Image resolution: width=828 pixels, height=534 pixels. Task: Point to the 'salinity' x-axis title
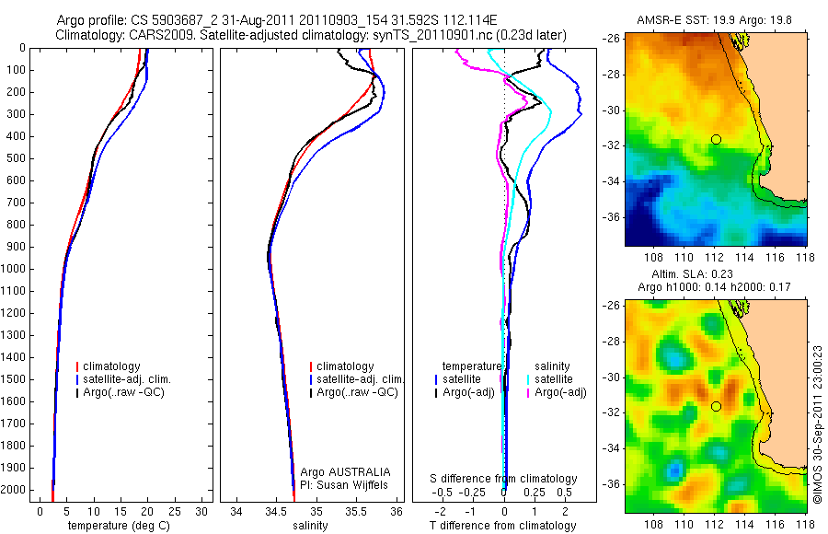tap(308, 526)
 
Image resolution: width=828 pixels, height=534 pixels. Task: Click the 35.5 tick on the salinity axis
tap(357, 510)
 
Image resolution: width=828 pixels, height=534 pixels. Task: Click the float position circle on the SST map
tap(716, 139)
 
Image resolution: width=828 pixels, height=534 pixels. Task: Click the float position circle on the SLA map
tap(716, 406)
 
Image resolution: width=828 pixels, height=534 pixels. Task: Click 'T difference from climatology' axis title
tap(504, 526)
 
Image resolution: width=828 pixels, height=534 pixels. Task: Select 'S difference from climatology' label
tap(504, 479)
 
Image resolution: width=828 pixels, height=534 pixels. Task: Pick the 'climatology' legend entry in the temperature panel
tap(115, 366)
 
